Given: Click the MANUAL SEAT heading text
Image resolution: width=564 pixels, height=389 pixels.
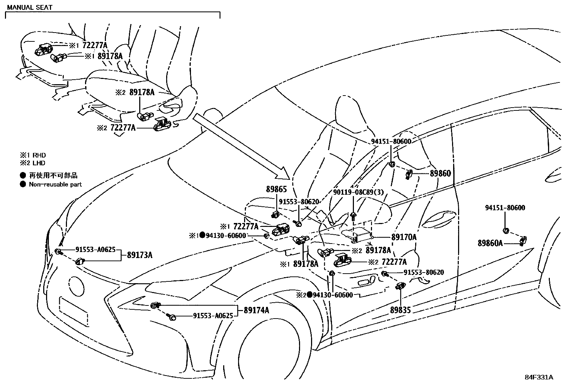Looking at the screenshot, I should coord(30,7).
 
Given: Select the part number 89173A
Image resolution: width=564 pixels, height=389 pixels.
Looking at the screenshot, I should coord(140,255).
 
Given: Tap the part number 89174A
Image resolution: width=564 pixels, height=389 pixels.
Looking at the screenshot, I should coord(256,310).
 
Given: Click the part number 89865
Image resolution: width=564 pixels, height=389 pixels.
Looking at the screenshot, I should coord(276,190).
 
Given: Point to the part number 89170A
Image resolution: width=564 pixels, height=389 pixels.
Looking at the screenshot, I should coord(404,238).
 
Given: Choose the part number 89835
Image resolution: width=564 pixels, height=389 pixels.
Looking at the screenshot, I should coord(400,310).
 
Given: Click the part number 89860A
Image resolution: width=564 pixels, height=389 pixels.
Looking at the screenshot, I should coord(490,243).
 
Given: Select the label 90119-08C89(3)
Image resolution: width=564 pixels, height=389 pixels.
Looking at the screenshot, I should coord(358,192).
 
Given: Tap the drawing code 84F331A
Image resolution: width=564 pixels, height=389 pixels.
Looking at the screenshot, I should coord(538,377).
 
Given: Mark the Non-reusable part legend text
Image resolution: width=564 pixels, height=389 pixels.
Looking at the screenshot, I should coord(55,184).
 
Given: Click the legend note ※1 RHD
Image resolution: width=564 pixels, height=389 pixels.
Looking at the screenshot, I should coord(33,155).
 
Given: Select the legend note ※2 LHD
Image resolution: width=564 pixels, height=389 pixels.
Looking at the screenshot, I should coord(33,163).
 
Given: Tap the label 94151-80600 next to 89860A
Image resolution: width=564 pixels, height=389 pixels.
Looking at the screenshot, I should coord(505,208).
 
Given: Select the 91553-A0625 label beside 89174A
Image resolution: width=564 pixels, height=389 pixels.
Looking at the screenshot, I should coord(213,316).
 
